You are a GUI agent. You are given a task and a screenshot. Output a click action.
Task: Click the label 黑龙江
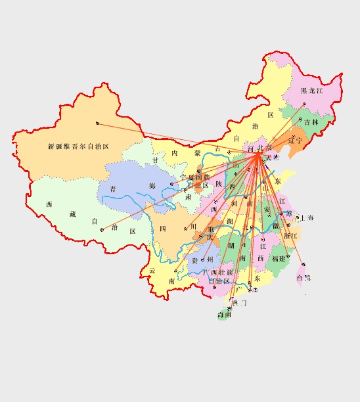click(312, 91)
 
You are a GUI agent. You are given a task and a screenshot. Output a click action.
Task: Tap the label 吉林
click(311, 122)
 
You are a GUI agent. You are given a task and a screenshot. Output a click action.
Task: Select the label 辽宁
click(295, 140)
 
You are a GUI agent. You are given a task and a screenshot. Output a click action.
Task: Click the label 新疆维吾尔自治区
click(78, 146)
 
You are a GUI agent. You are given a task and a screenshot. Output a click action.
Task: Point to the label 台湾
click(304, 278)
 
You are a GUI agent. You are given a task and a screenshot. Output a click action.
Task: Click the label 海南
click(224, 315)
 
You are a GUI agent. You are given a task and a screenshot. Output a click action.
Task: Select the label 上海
click(307, 217)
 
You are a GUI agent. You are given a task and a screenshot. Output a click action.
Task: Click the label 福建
click(279, 258)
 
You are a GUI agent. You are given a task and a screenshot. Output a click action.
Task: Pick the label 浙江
click(290, 236)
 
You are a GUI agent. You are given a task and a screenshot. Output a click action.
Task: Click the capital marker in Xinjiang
click(97, 123)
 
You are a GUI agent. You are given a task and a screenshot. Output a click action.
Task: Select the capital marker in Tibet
click(102, 229)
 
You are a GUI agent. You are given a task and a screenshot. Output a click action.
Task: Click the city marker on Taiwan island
click(303, 265)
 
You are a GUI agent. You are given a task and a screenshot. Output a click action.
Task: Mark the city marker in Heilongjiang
click(304, 104)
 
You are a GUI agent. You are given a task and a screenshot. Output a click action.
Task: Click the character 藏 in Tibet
click(73, 214)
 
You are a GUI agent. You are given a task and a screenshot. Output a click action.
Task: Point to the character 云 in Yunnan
click(152, 271)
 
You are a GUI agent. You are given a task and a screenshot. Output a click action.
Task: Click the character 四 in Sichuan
click(162, 229)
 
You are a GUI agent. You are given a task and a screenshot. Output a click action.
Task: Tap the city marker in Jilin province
click(296, 123)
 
